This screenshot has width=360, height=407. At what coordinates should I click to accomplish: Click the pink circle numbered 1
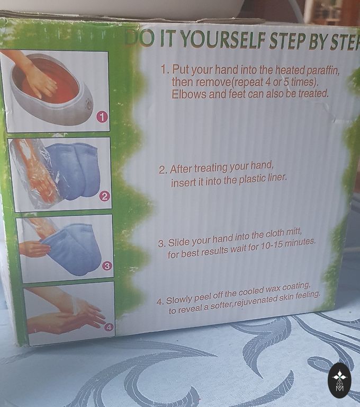coord(102,117)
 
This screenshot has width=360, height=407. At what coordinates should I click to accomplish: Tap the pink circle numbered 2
coord(104,197)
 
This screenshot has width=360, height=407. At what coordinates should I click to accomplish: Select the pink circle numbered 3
coord(107,266)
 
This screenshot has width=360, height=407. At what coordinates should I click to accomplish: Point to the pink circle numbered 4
coord(109,327)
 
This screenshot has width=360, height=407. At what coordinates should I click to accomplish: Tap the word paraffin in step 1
coord(323,70)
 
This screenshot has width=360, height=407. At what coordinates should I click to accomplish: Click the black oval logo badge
coord(340,381)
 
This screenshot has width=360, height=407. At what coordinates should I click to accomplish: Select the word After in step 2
coord(181,169)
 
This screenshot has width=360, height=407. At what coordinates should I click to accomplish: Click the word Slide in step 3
coord(178,242)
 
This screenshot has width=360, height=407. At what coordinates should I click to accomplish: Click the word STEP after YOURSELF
coord(287,41)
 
